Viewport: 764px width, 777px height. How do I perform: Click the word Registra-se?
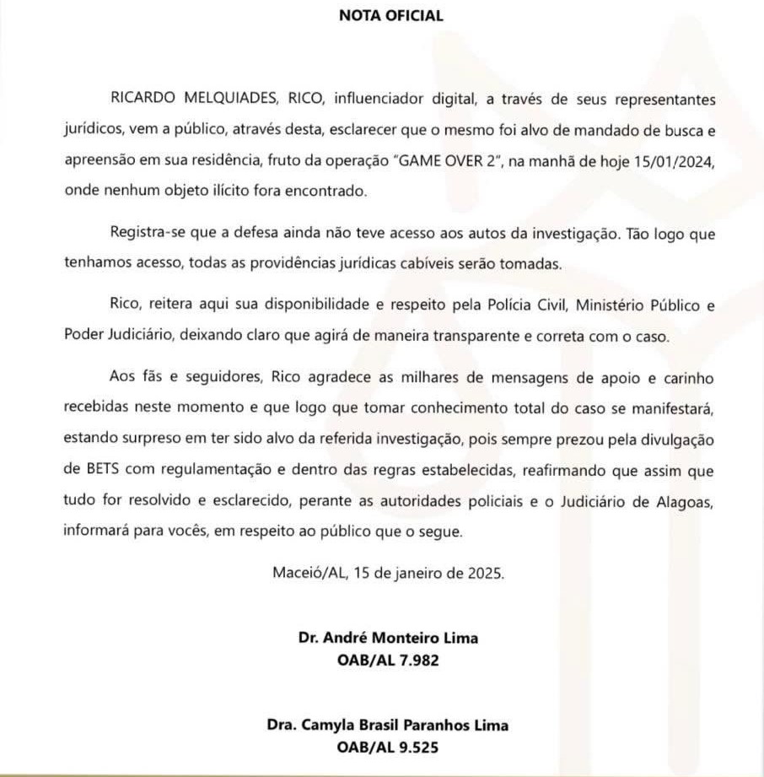[x=145, y=234]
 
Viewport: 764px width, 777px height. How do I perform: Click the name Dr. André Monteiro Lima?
[x=388, y=638]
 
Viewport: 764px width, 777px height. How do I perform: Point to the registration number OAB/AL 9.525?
[x=388, y=747]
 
